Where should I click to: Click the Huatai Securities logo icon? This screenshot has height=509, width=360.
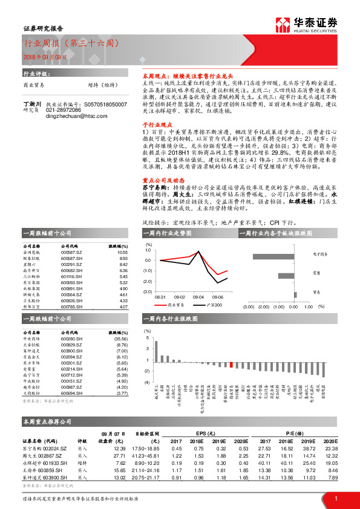point(282,24)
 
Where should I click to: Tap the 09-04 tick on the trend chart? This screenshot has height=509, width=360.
point(198,297)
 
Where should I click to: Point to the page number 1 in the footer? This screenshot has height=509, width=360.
point(335,498)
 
